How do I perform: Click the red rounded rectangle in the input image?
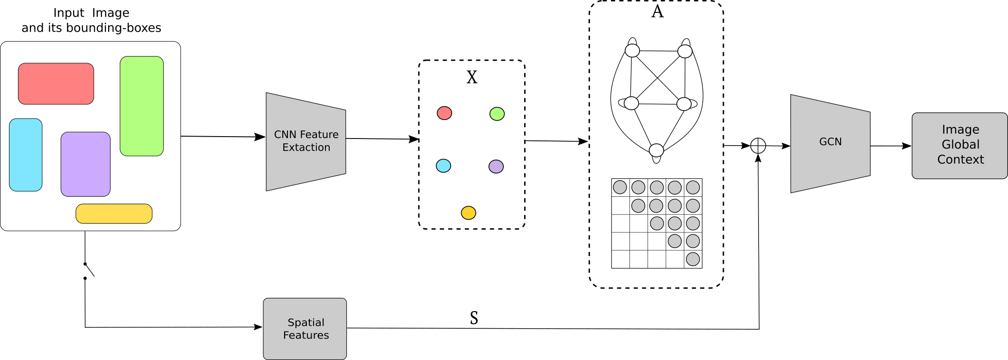tap(56, 83)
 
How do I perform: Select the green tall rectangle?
tap(141, 106)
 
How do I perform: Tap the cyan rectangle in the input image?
tap(26, 155)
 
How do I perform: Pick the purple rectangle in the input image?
tap(85, 164)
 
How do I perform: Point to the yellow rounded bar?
tap(114, 213)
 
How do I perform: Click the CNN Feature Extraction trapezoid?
tap(306, 141)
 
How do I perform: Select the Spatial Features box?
tap(305, 329)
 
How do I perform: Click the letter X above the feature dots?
tap(472, 77)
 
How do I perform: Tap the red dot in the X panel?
tap(444, 113)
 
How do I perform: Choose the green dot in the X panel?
tap(497, 114)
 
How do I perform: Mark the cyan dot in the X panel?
tap(444, 166)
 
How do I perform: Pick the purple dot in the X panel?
tap(496, 166)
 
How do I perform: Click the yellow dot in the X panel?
tap(468, 212)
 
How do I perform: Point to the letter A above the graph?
tap(657, 11)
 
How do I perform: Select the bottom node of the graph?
tap(656, 150)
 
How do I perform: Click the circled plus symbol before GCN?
tap(758, 146)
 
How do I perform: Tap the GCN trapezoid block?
tap(830, 143)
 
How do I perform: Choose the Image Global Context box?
tap(960, 146)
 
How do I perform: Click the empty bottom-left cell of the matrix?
tap(620, 259)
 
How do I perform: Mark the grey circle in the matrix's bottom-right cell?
tap(693, 259)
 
